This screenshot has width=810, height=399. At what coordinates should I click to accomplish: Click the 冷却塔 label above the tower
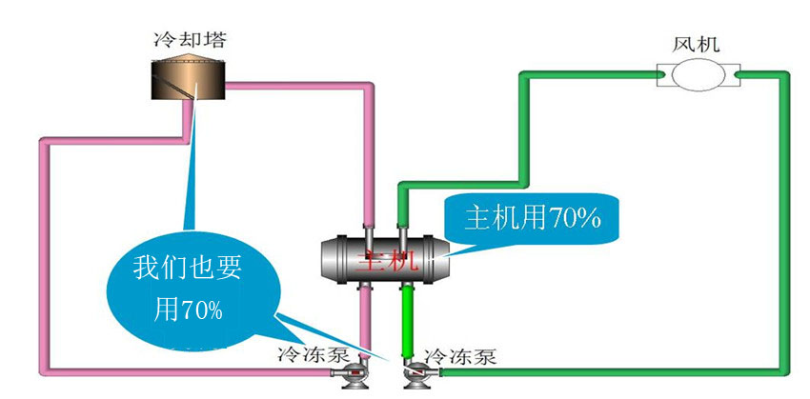[x=189, y=41]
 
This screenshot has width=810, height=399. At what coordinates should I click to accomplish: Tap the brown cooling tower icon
[x=189, y=80]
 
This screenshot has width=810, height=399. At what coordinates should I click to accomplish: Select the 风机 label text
[x=696, y=44]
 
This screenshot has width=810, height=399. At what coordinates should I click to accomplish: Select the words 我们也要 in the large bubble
[x=188, y=268]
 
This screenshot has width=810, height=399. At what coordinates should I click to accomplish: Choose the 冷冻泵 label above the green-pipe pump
[x=460, y=357]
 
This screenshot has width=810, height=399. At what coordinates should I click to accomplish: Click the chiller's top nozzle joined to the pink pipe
[x=367, y=231]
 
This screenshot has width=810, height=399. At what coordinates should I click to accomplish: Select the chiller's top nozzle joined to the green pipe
[x=403, y=231]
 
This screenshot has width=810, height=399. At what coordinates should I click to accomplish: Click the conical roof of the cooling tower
[x=189, y=62]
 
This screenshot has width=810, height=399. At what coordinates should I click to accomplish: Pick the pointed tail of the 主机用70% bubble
[x=456, y=249]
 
